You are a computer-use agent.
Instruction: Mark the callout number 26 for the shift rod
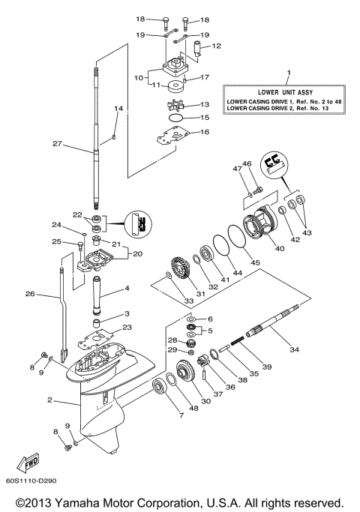tap(29, 295)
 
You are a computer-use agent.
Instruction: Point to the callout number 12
tap(217, 46)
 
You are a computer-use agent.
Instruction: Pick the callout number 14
tap(117, 109)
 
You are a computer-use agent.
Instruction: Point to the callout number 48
tap(194, 409)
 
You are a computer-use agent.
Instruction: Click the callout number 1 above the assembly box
tap(288, 73)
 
